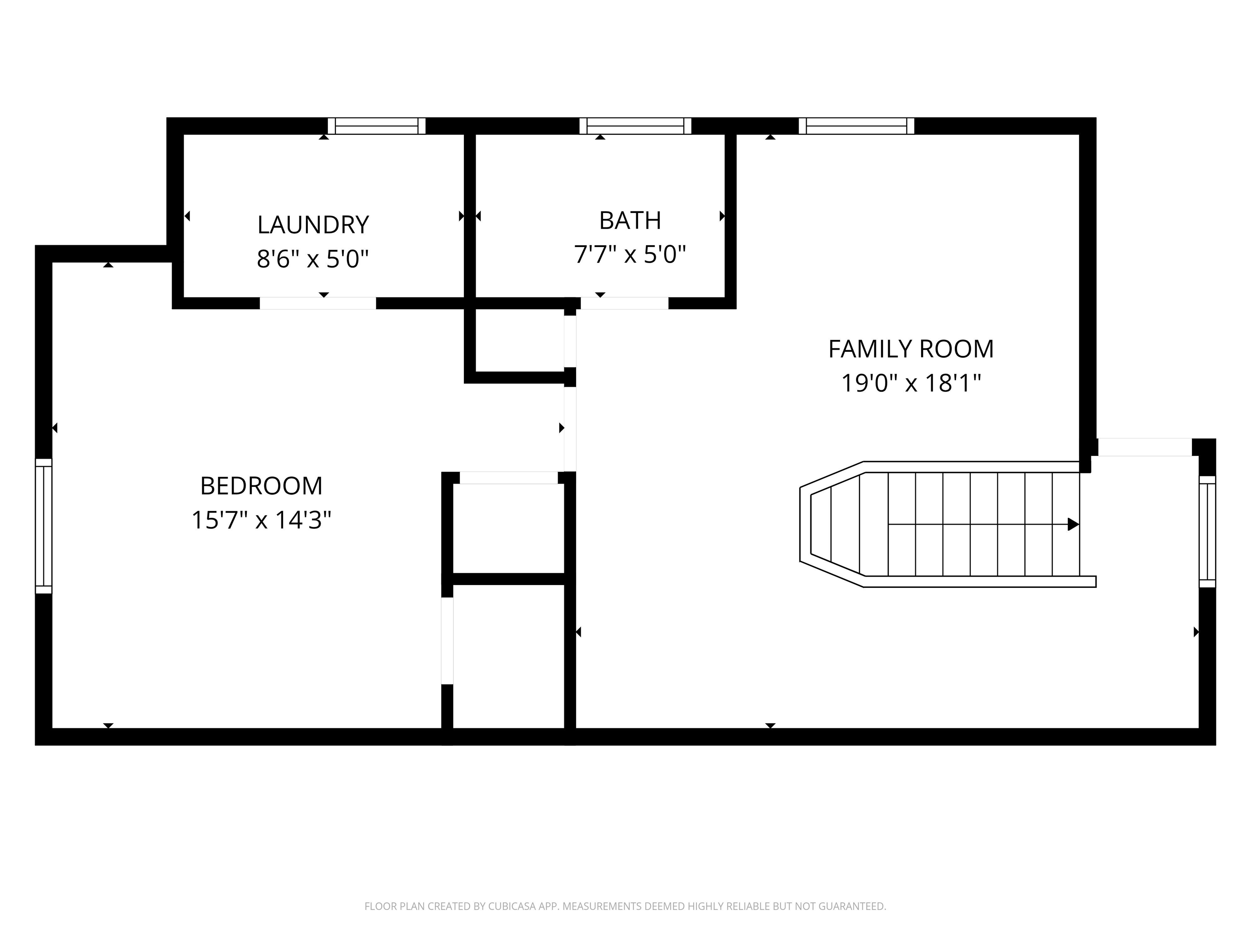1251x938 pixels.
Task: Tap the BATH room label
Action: (x=630, y=221)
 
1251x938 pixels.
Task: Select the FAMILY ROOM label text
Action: (x=911, y=349)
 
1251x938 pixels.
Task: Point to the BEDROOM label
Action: (x=261, y=486)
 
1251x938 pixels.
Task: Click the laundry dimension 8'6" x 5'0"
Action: (x=313, y=259)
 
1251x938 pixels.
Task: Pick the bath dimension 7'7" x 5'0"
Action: (x=630, y=254)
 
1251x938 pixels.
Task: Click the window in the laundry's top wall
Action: (x=377, y=126)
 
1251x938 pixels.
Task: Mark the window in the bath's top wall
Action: (x=635, y=126)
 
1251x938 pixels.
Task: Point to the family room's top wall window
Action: (x=856, y=126)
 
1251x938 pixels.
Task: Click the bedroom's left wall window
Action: (x=44, y=526)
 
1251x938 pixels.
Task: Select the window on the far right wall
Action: (x=1207, y=531)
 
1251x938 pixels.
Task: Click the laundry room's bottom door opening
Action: (x=318, y=303)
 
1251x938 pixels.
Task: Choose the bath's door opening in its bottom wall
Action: (x=624, y=303)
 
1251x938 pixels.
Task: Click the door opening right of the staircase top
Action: (x=1145, y=447)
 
